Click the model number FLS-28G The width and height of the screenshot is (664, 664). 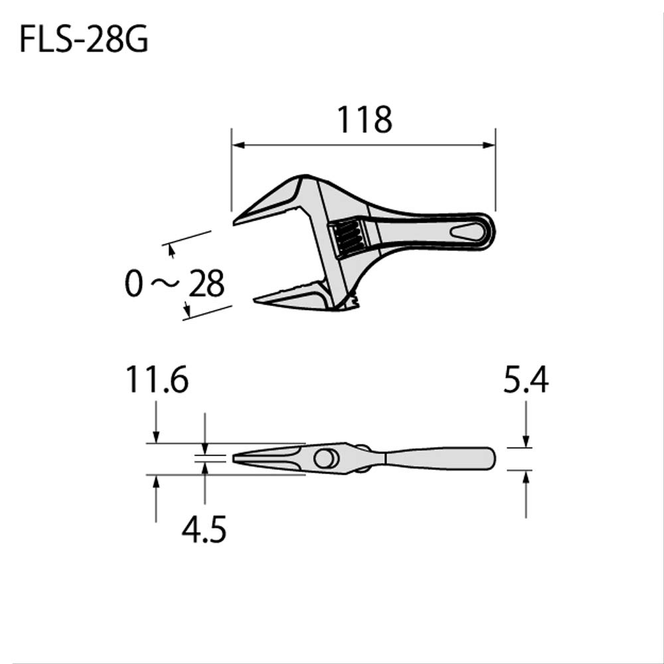pos(84,41)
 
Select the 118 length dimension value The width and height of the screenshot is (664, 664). pos(364,120)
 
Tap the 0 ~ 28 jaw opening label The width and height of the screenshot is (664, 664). pos(175,284)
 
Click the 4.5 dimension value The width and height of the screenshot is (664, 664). pos(204,531)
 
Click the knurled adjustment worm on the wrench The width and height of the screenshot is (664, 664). pos(348,238)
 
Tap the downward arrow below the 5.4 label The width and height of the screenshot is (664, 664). pos(525,442)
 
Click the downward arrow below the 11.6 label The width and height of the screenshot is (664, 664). pos(156,436)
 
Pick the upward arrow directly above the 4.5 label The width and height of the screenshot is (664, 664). pos(205,468)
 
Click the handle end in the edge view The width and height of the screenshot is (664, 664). pos(491,458)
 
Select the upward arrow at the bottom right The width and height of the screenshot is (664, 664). pos(525,476)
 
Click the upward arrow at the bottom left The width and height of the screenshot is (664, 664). pos(156,481)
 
